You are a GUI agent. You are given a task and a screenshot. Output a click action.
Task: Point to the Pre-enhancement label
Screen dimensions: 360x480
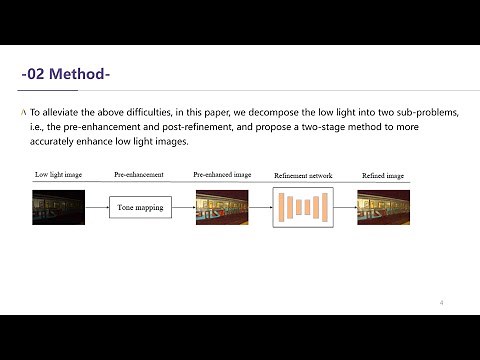pyautogui.click(x=139, y=175)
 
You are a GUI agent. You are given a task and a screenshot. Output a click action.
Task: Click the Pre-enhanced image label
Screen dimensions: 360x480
pyautogui.click(x=221, y=175)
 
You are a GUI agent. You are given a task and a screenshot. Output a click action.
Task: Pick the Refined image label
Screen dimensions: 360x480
pyautogui.click(x=383, y=175)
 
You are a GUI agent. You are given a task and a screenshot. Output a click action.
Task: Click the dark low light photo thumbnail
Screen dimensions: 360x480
pyautogui.click(x=54, y=207)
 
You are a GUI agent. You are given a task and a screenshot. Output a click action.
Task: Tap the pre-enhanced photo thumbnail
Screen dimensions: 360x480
pyautogui.click(x=221, y=207)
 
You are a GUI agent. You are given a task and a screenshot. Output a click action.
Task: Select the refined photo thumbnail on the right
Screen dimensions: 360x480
pyautogui.click(x=383, y=207)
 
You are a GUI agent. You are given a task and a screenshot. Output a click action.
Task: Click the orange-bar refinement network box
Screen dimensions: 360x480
pyautogui.click(x=301, y=207)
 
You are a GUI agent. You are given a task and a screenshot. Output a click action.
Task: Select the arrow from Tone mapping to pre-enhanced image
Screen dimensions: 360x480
pyautogui.click(x=182, y=208)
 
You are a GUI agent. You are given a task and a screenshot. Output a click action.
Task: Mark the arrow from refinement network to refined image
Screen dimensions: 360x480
pyautogui.click(x=343, y=208)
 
